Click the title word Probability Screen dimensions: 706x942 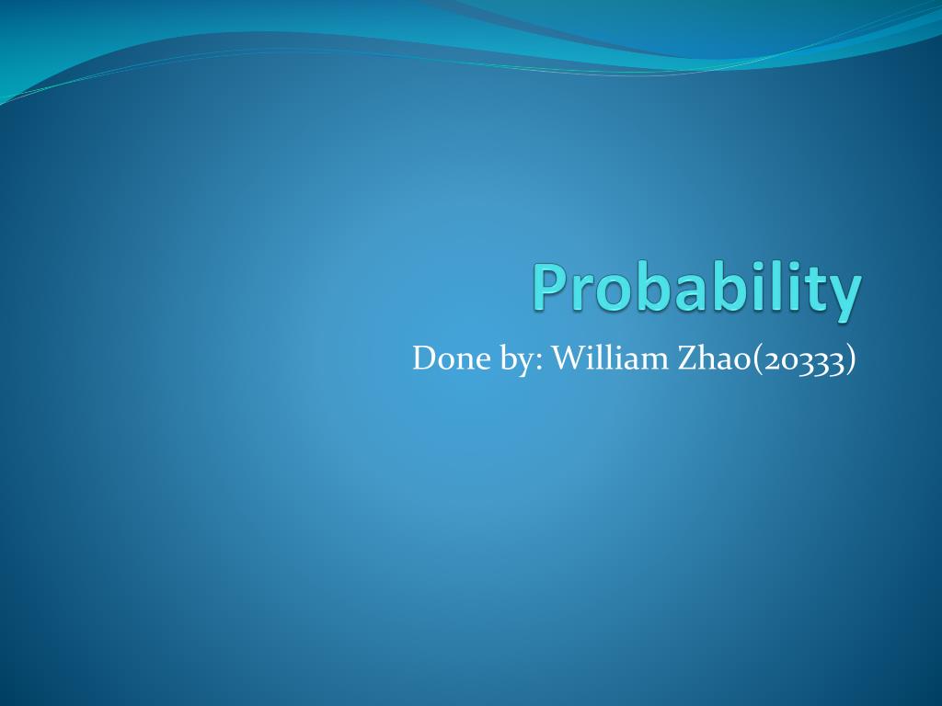click(x=696, y=289)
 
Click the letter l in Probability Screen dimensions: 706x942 click(x=774, y=287)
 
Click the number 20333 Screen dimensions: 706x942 click(x=803, y=359)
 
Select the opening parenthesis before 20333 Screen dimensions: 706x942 click(x=757, y=359)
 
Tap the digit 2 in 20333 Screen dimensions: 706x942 click(x=770, y=359)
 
